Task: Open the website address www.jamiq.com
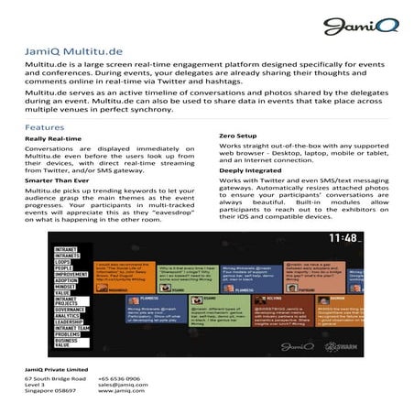coord(118,394)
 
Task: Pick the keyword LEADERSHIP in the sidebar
coord(68,321)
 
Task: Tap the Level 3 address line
coord(35,386)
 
